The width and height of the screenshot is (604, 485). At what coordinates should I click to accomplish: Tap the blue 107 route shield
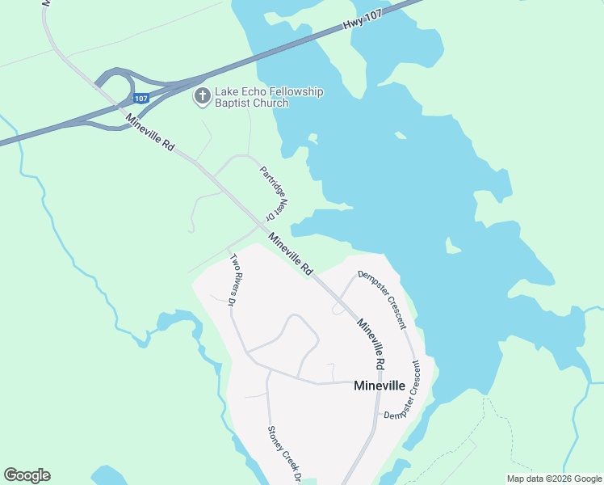tap(141, 99)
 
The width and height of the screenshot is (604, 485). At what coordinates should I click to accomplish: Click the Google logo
tap(27, 475)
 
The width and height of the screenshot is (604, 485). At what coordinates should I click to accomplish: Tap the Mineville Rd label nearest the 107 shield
tap(150, 133)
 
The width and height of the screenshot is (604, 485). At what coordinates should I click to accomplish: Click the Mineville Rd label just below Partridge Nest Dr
tap(291, 255)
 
